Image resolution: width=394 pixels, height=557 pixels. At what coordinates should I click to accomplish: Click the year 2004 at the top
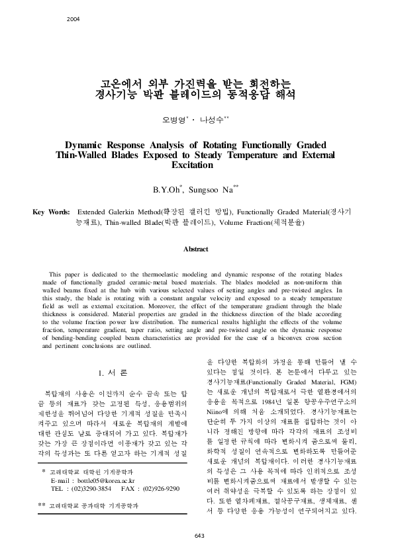73,19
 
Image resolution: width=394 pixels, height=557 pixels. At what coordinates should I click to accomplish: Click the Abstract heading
197,249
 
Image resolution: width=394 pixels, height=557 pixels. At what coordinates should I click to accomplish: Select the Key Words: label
52,212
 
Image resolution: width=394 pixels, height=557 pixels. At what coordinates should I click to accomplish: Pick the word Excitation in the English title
197,165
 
